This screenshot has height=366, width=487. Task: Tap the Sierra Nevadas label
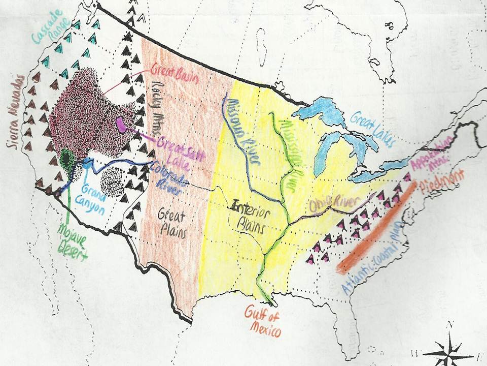tap(17, 111)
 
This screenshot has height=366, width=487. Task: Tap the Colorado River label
tap(167, 178)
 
